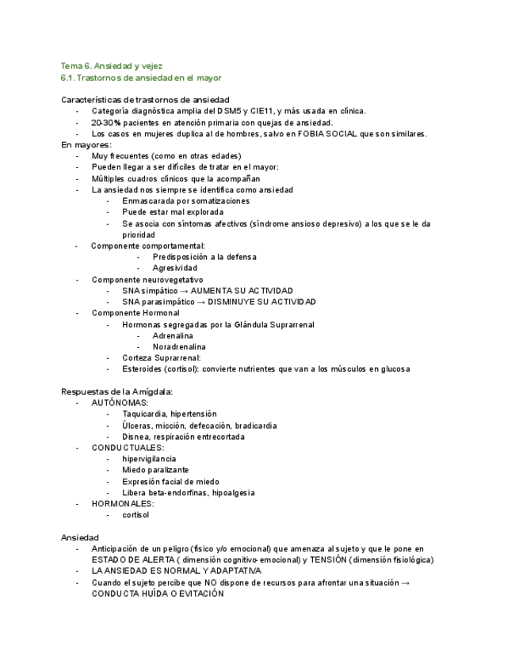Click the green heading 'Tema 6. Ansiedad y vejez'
point(112,66)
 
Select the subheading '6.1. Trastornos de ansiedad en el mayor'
point(141,78)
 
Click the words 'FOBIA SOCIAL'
point(327,134)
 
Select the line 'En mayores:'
point(86,145)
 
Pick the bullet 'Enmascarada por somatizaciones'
point(185,201)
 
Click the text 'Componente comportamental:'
point(147,246)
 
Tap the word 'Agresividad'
point(175,268)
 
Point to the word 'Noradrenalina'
point(179,347)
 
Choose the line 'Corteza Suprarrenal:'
point(162,358)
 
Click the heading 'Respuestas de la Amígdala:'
point(116,391)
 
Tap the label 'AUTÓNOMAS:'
point(120,403)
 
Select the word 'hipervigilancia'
point(149,459)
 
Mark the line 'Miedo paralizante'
point(155,470)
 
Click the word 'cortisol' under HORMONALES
point(135,515)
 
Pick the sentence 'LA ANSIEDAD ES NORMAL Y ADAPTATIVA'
point(176,571)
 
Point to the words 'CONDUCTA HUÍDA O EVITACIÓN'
point(158,594)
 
